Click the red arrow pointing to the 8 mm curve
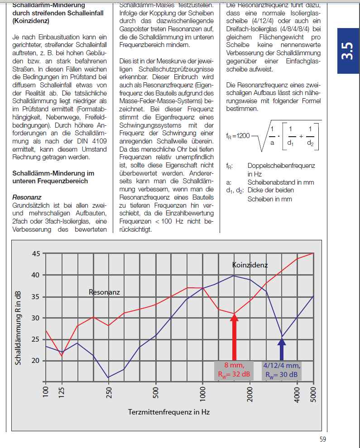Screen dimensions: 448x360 [x=234, y=337]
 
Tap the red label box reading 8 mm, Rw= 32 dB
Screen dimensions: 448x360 [x=234, y=370]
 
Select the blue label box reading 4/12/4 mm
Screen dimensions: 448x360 [x=282, y=370]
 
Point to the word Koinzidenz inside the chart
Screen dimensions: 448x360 [x=250, y=265]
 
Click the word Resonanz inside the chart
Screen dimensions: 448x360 [x=104, y=292]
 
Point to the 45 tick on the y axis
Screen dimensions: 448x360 [x=36, y=253]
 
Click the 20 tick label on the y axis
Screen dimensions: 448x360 [x=36, y=361]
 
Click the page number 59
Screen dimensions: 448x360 [x=322, y=438]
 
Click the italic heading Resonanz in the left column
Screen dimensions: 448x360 [x=27, y=197]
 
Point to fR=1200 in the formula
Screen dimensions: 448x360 [x=238, y=136]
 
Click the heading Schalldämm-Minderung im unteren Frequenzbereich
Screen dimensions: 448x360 [x=53, y=177]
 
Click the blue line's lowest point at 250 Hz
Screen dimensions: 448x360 [x=108, y=377]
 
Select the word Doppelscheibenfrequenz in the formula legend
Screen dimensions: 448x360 [x=281, y=166]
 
